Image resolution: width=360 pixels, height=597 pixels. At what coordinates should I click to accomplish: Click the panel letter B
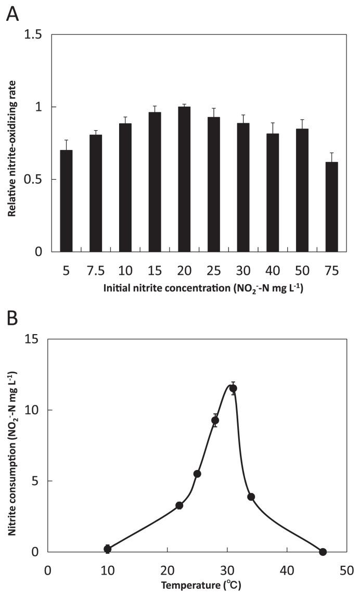[x=11, y=318]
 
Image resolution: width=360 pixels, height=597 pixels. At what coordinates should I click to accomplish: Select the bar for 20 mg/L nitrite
[x=184, y=180]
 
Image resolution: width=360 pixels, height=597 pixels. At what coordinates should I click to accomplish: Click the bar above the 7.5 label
[x=96, y=194]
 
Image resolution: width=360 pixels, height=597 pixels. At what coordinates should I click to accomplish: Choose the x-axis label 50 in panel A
[x=302, y=271]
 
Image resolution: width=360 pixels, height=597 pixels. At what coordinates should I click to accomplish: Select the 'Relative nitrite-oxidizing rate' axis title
[x=11, y=144]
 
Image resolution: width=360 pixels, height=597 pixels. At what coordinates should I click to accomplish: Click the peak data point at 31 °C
[x=233, y=388]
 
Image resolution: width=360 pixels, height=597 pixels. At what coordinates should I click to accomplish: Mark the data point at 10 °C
[x=108, y=549]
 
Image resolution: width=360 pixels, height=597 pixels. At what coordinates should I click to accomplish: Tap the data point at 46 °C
[x=323, y=552]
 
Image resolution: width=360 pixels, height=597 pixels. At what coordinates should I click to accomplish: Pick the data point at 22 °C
[x=179, y=505]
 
